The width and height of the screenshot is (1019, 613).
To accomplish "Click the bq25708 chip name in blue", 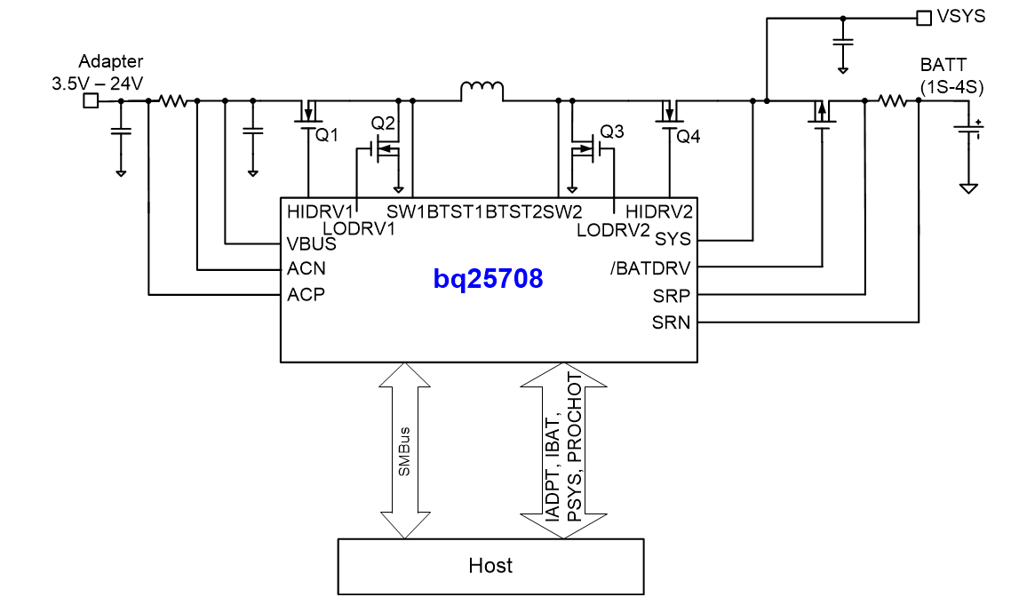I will coord(488,279).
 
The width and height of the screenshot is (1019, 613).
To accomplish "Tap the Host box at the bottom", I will coord(490,566).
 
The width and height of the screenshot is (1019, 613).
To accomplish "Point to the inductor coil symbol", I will coord(482,91).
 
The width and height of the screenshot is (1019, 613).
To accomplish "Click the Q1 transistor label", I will coord(328,136).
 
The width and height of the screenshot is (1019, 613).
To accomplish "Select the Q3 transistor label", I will coord(612,131).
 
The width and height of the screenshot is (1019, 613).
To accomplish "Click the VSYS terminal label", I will coord(961,17).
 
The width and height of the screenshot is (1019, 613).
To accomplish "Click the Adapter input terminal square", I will coord(90,101).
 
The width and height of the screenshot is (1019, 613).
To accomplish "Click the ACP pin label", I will coord(306,295).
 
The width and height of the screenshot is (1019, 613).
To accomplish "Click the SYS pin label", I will coord(673,239).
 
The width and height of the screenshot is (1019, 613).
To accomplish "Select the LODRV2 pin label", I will coord(614,229).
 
